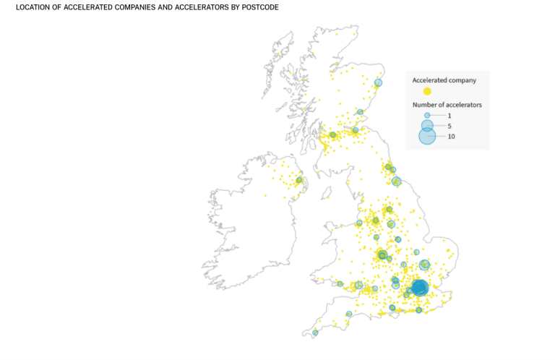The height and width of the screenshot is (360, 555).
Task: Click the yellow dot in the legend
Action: pyautogui.click(x=427, y=91)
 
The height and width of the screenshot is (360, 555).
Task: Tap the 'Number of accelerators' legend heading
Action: pyautogui.click(x=447, y=105)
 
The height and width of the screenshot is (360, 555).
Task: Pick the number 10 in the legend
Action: pyautogui.click(x=451, y=137)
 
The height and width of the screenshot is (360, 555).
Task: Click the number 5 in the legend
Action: pyautogui.click(x=449, y=126)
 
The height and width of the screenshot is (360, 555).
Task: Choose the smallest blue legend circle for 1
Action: pyautogui.click(x=427, y=116)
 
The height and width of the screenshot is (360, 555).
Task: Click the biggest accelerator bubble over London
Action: pyautogui.click(x=419, y=288)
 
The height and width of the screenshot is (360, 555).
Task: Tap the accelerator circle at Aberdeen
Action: pyautogui.click(x=378, y=83)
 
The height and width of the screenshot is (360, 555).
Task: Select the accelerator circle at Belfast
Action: pyautogui.click(x=299, y=180)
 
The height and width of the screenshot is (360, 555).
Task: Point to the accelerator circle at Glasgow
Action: pyautogui.click(x=333, y=134)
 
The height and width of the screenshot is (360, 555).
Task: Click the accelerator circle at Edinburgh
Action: pyautogui.click(x=356, y=130)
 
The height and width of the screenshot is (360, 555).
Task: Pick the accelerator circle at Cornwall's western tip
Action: pyautogui.click(x=314, y=333)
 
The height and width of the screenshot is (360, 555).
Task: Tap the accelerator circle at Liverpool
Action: pyautogui.click(x=359, y=223)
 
